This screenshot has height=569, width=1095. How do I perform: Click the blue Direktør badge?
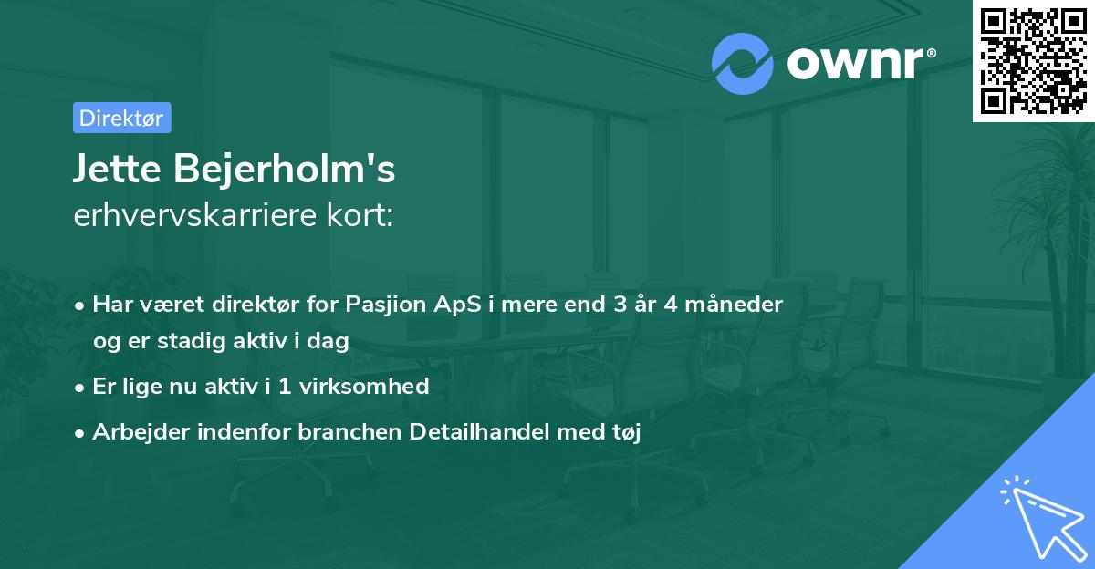point(122,118)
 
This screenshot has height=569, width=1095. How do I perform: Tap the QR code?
point(1033,61)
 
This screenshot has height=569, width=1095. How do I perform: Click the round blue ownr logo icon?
point(742,64)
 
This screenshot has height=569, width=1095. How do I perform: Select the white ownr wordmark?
point(855,63)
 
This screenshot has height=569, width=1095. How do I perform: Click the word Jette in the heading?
point(118,169)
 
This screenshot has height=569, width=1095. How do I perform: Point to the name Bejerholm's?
point(285,169)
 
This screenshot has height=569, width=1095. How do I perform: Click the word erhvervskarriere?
point(195,215)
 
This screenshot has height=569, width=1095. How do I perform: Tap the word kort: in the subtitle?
point(360,215)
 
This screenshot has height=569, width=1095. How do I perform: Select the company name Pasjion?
point(386,305)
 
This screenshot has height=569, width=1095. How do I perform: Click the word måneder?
point(734,305)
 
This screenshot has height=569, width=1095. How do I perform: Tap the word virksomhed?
point(364,386)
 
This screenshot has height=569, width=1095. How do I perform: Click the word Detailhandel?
point(479,431)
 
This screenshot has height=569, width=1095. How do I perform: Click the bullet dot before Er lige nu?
point(79,388)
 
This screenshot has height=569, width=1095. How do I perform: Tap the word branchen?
point(349,431)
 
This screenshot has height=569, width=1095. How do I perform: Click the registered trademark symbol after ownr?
point(931,53)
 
